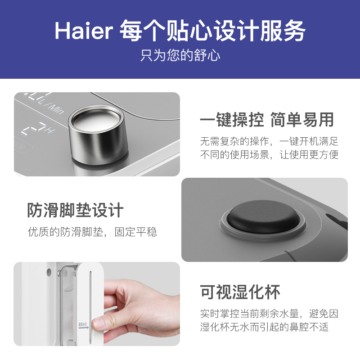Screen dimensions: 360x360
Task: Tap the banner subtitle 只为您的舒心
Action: click(x=180, y=56)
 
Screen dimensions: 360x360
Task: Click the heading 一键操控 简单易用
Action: click(x=267, y=120)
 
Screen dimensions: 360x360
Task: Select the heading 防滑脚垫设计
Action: click(x=75, y=210)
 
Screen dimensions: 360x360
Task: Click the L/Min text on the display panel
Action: click(x=51, y=104)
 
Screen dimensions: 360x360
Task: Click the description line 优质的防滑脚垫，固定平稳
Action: click(x=92, y=232)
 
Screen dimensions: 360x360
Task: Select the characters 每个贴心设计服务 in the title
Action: click(x=212, y=31)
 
